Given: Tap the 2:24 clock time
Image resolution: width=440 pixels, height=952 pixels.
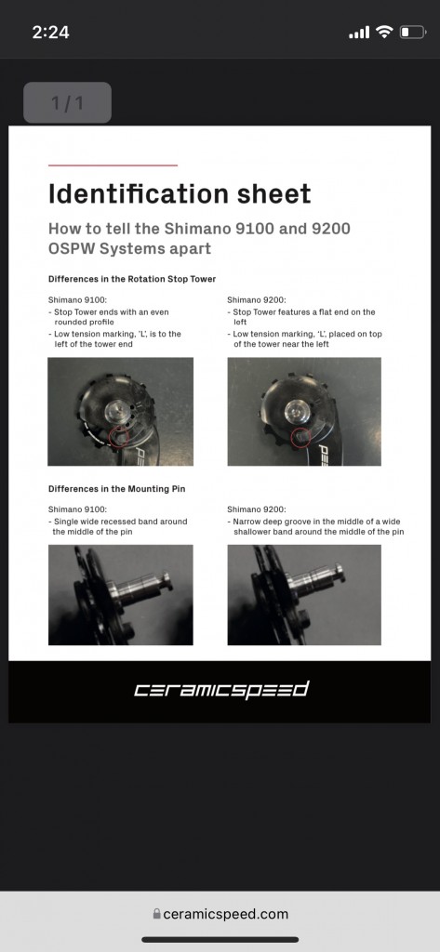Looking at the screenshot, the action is [50, 33].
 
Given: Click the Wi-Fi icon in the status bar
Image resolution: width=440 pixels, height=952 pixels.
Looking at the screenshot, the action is [384, 33].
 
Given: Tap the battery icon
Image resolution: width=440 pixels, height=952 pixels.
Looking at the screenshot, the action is [413, 33].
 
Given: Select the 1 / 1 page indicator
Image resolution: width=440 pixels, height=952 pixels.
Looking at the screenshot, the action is [68, 102].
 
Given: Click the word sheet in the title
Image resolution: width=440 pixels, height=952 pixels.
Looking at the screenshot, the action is [273, 193].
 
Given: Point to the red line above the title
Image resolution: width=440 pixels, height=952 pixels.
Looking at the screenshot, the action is [113, 165].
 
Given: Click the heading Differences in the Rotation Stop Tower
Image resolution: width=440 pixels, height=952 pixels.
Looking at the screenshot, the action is [132, 279].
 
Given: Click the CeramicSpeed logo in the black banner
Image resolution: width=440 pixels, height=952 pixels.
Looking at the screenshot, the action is [221, 691].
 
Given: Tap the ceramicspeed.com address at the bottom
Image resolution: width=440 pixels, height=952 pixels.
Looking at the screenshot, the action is [225, 914].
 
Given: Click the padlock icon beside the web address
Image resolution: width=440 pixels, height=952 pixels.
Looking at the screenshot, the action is [157, 914].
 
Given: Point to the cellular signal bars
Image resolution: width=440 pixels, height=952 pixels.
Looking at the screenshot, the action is [359, 33].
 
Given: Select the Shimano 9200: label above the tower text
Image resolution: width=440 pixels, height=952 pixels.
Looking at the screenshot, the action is [257, 300].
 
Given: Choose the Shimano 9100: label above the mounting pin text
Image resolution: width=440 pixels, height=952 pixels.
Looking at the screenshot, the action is [78, 509].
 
